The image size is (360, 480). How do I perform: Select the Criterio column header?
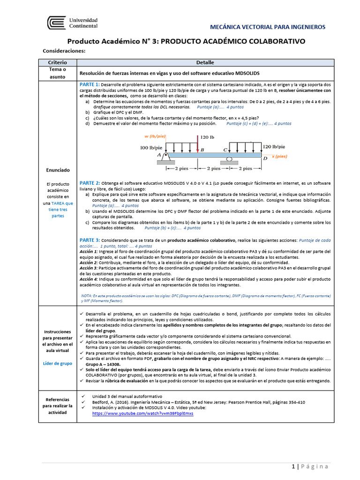[58, 62]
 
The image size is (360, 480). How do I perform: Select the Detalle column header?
[205, 62]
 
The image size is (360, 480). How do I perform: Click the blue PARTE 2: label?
[90, 183]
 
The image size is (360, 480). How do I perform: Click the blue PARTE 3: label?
[90, 240]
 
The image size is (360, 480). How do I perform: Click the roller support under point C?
[229, 159]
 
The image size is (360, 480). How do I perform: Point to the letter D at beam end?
[265, 159]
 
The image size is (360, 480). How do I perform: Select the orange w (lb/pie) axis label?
[154, 136]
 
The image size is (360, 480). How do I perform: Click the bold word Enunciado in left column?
[58, 170]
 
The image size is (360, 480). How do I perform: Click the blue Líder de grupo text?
[58, 363]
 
